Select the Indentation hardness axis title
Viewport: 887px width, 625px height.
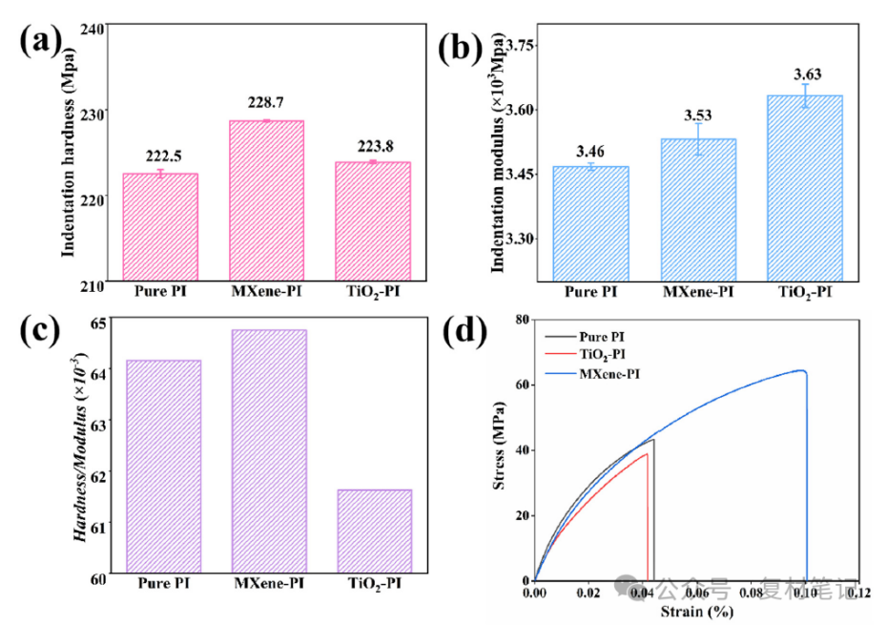tap(70, 153)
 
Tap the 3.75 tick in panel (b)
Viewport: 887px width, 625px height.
tap(522, 46)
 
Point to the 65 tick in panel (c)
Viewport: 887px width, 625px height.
tap(101, 322)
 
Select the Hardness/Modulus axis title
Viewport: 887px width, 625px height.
tap(82, 449)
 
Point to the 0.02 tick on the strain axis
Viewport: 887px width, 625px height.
tap(589, 593)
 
